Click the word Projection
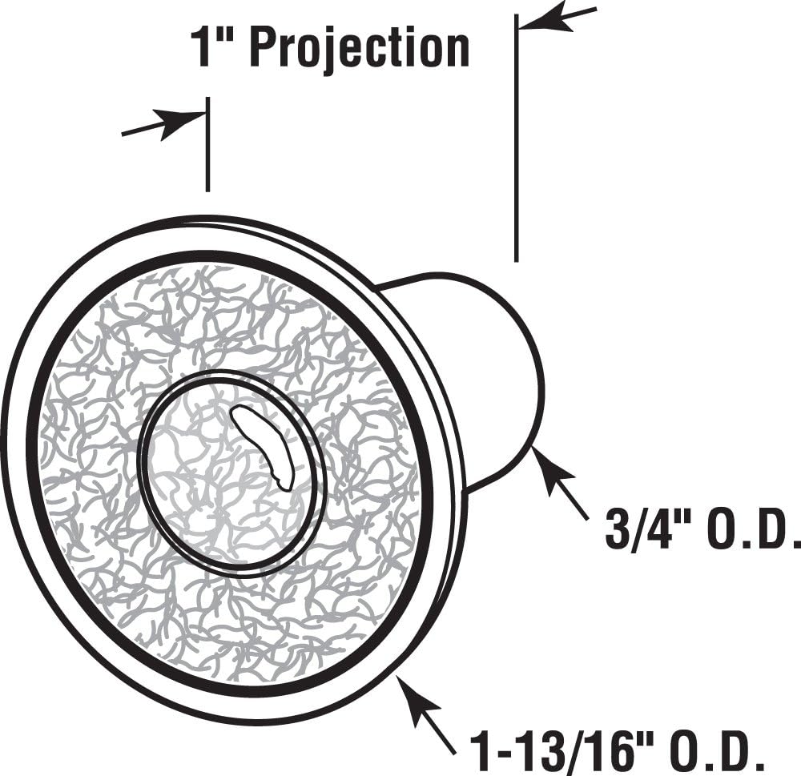360,49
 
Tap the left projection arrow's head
182,122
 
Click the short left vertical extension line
207,145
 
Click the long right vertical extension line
517,138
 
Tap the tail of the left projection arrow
123,135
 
